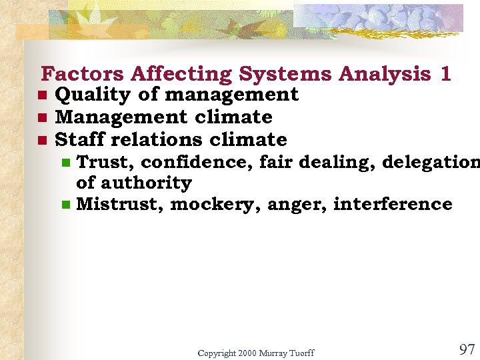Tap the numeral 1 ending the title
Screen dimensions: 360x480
pos(445,73)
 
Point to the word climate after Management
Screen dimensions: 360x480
pos(233,117)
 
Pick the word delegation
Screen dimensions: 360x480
pos(430,162)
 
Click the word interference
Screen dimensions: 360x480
pos(392,204)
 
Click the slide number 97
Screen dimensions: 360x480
pos(467,349)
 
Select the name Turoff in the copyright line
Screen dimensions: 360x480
pos(300,353)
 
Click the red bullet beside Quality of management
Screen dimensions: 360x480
pos(41,95)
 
